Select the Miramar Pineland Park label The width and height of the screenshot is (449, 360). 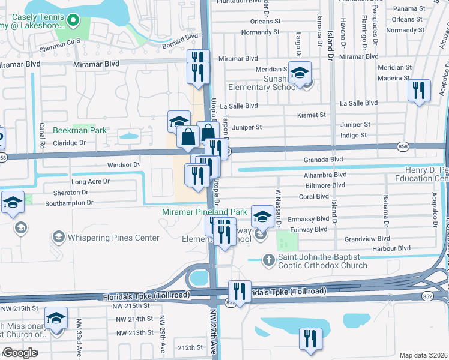[x=204, y=212]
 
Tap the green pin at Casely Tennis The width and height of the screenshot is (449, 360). [x=73, y=22]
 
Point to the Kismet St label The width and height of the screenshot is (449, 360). [x=312, y=115]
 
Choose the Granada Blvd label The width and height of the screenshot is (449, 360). [x=322, y=160]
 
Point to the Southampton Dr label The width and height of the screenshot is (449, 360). [x=70, y=203]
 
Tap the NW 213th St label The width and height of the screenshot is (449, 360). [x=133, y=333]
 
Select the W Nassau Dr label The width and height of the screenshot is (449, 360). [x=278, y=207]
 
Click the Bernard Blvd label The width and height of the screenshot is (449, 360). [x=181, y=37]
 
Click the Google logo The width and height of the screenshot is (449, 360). [x=20, y=353]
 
